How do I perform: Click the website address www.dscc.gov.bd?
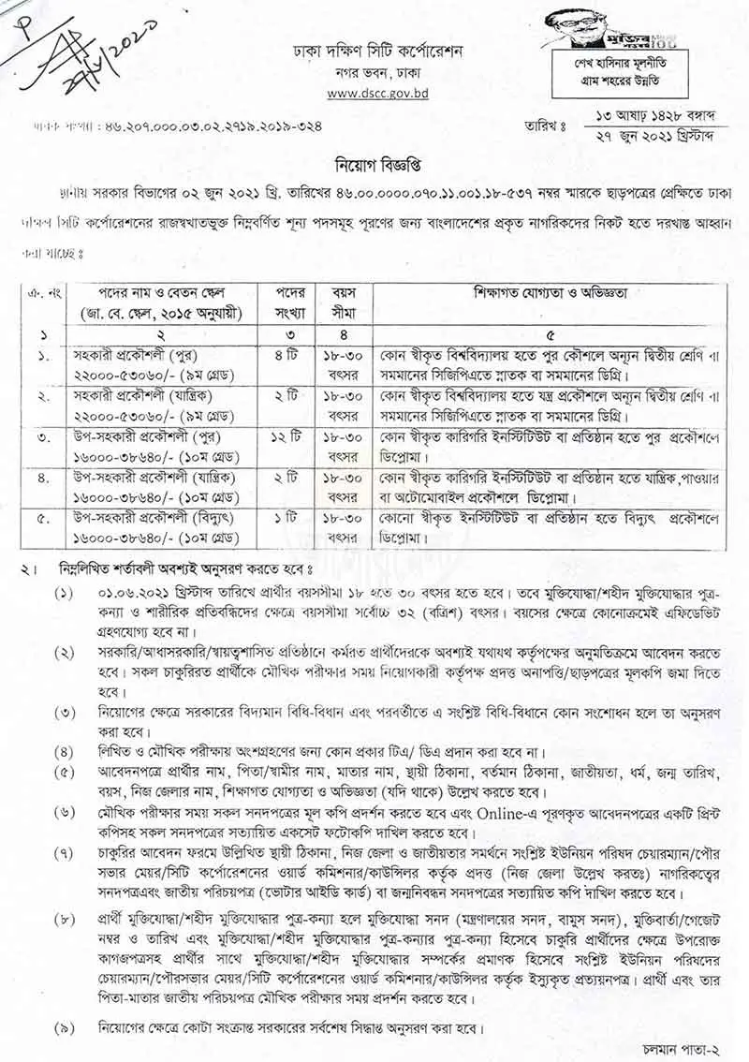(x=374, y=94)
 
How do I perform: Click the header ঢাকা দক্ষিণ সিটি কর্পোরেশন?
(x=374, y=50)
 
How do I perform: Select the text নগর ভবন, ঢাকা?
(x=374, y=73)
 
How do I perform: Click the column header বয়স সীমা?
(x=341, y=301)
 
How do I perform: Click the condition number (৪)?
(x=63, y=750)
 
